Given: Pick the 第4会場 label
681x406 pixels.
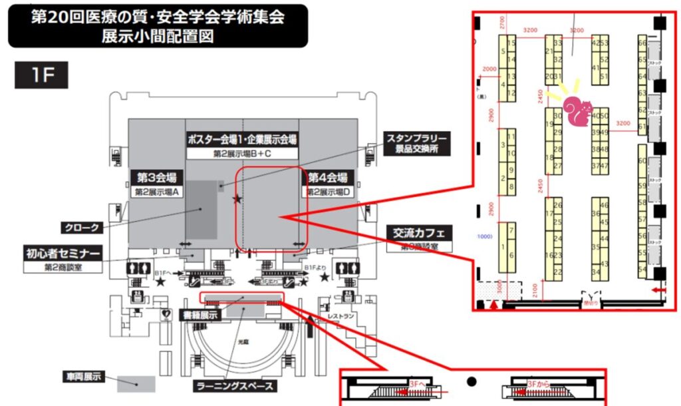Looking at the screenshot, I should [x=327, y=178].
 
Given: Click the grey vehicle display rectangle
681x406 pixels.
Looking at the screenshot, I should [x=136, y=384].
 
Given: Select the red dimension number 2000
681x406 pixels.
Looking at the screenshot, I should [x=489, y=69].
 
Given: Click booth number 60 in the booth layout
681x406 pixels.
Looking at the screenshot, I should [x=642, y=161].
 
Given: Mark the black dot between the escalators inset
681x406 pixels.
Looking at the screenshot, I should [x=472, y=381].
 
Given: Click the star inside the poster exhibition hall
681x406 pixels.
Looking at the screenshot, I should [x=237, y=198].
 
